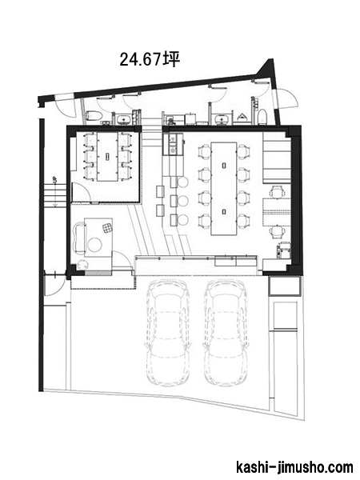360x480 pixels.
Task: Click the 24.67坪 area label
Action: click(x=149, y=59)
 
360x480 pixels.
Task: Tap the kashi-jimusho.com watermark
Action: click(x=294, y=467)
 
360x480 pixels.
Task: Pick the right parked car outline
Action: click(x=226, y=333)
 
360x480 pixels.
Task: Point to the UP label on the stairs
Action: click(x=55, y=180)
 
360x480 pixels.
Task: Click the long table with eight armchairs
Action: click(x=224, y=188)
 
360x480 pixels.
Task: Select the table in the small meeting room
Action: click(x=107, y=157)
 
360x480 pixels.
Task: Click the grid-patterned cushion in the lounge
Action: click(x=107, y=228)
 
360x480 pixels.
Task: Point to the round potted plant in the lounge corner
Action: click(x=82, y=264)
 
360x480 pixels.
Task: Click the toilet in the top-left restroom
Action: click(x=92, y=116)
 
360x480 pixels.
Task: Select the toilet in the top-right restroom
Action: click(x=262, y=117)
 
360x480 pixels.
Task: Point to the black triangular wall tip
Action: click(x=271, y=60)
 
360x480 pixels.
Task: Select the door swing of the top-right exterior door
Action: click(x=288, y=98)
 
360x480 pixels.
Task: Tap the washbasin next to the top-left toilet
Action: click(x=124, y=118)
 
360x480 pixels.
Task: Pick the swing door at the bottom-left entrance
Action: click(x=54, y=283)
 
